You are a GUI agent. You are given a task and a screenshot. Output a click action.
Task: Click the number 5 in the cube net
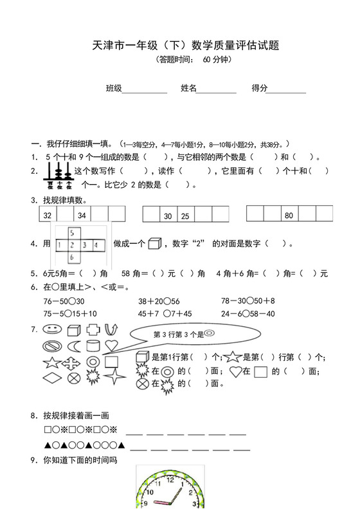click(73, 233)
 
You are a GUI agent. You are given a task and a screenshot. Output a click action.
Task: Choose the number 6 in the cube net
click(73, 257)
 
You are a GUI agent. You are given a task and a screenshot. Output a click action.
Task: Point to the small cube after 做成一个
click(154, 244)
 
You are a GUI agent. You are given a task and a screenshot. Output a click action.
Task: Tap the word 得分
click(260, 88)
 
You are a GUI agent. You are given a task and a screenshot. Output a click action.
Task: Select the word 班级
click(114, 88)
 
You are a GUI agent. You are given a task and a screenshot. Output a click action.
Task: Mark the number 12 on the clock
click(170, 479)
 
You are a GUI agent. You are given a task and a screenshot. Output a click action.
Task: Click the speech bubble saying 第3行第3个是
click(186, 335)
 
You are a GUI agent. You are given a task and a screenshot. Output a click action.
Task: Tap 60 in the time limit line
click(207, 60)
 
